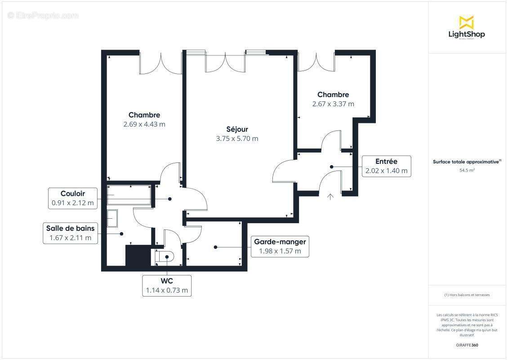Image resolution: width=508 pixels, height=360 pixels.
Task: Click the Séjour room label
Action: [237, 129]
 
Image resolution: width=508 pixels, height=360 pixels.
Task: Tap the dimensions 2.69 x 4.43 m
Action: [144, 124]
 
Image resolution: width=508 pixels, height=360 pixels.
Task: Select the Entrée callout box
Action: [386, 166]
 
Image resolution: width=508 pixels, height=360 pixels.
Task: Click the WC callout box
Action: [167, 285]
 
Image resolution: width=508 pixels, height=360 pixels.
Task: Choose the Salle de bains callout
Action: [70, 233]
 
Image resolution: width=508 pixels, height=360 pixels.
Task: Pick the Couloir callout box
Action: [73, 198]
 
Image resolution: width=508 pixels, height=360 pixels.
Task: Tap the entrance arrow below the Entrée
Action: [330, 196]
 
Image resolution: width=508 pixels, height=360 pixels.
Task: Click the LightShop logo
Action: [467, 28]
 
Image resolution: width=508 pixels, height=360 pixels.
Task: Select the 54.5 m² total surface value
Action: [467, 171]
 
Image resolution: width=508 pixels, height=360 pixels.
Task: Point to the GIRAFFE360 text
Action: [467, 345]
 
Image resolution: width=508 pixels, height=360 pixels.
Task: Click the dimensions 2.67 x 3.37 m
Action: [333, 104]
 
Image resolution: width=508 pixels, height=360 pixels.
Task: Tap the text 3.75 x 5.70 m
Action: [237, 139]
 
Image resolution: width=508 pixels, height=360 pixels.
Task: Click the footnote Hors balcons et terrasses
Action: [467, 295]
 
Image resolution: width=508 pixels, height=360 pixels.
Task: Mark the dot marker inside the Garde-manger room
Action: [216, 247]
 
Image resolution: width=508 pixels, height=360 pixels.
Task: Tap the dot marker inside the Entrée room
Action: [331, 166]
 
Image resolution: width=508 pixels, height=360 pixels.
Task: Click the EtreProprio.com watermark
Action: [43, 15]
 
